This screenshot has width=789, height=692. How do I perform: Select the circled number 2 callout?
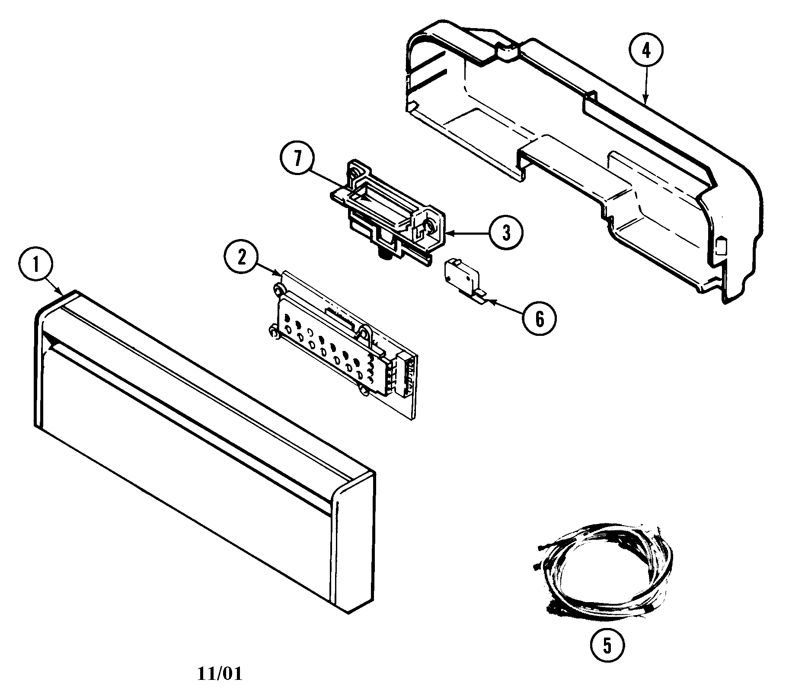(x=241, y=258)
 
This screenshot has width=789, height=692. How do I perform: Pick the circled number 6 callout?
(x=539, y=319)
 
